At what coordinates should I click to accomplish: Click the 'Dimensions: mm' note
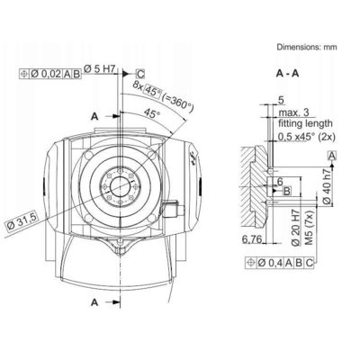307,47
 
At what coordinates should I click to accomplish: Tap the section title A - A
287,74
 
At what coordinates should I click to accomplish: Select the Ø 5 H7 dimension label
99,69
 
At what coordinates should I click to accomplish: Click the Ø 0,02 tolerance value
47,74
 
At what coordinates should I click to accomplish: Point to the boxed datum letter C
140,74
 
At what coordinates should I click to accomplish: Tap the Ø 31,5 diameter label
22,222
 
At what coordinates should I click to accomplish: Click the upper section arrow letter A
94,116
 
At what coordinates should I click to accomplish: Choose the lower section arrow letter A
94,302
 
